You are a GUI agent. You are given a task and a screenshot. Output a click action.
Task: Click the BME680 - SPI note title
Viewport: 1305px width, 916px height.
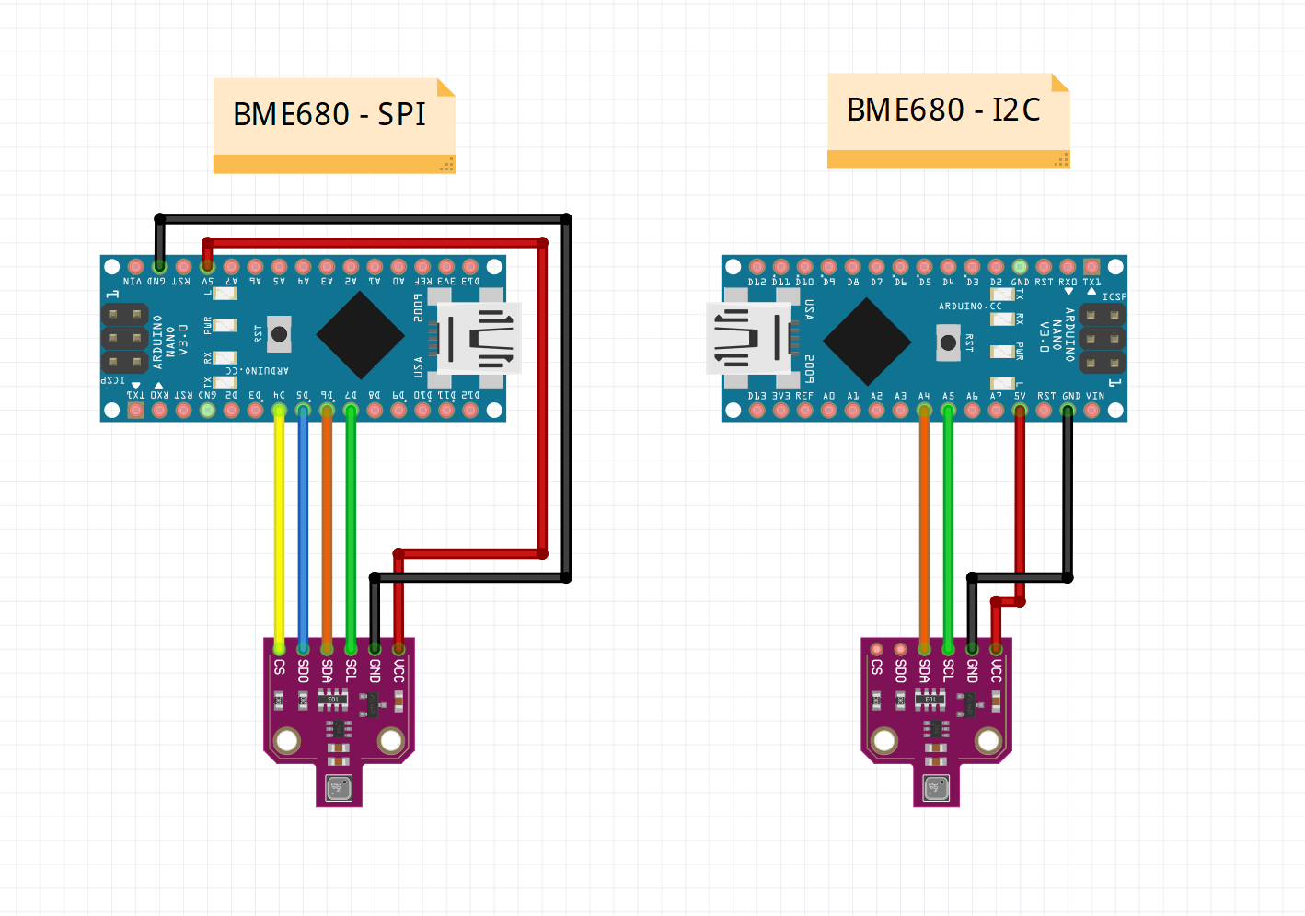329,114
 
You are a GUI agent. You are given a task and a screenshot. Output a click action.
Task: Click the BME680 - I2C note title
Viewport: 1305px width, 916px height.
943,110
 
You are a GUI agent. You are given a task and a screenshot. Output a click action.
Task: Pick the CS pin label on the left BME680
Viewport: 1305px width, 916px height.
280,667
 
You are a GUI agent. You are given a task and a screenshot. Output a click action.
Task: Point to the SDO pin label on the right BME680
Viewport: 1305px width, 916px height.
901,670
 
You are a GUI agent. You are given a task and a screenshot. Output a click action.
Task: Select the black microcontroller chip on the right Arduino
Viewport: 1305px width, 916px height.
866,341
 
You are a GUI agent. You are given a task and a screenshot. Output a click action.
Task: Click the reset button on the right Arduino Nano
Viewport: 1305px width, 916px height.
948,343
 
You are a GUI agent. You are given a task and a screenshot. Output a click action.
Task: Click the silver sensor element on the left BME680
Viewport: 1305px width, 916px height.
339,788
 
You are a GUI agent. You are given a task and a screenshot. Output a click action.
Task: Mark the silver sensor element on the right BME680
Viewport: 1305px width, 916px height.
936,788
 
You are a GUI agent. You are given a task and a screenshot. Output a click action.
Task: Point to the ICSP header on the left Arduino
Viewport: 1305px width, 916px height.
124,338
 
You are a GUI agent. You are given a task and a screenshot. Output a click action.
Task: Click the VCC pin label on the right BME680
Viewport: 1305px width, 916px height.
997,670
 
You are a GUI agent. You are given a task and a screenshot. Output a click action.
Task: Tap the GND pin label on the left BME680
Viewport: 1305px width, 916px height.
375,670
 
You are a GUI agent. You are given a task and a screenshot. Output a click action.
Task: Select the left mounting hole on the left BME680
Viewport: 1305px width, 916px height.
287,740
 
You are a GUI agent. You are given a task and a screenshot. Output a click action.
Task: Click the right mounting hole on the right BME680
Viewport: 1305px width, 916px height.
988,740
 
